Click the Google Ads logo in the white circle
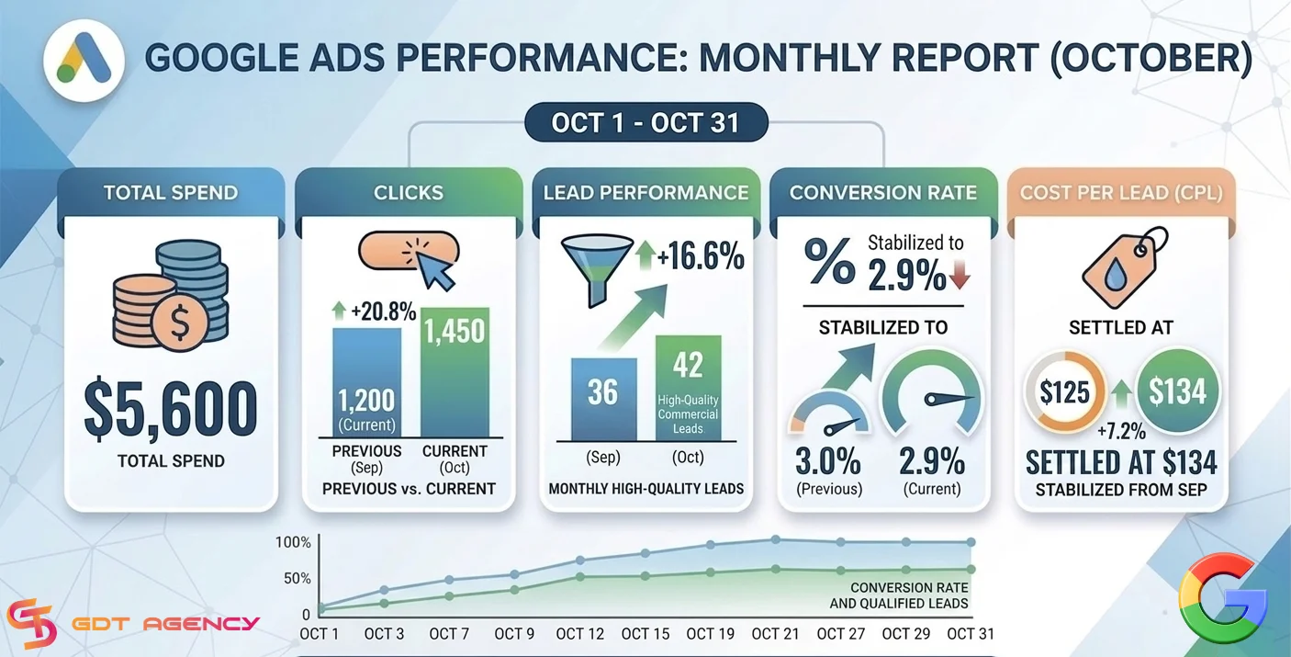(84, 60)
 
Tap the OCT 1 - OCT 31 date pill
(646, 122)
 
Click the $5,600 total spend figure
(171, 408)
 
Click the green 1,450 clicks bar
(455, 372)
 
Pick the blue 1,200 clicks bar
(366, 382)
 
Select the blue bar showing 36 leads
(604, 399)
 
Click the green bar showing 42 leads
(688, 388)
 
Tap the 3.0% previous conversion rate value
(828, 461)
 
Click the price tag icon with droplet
(1125, 269)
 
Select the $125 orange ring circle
(1065, 392)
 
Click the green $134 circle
(1177, 391)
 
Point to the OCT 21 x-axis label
(775, 634)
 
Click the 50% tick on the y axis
(297, 578)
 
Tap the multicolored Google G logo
(1222, 598)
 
